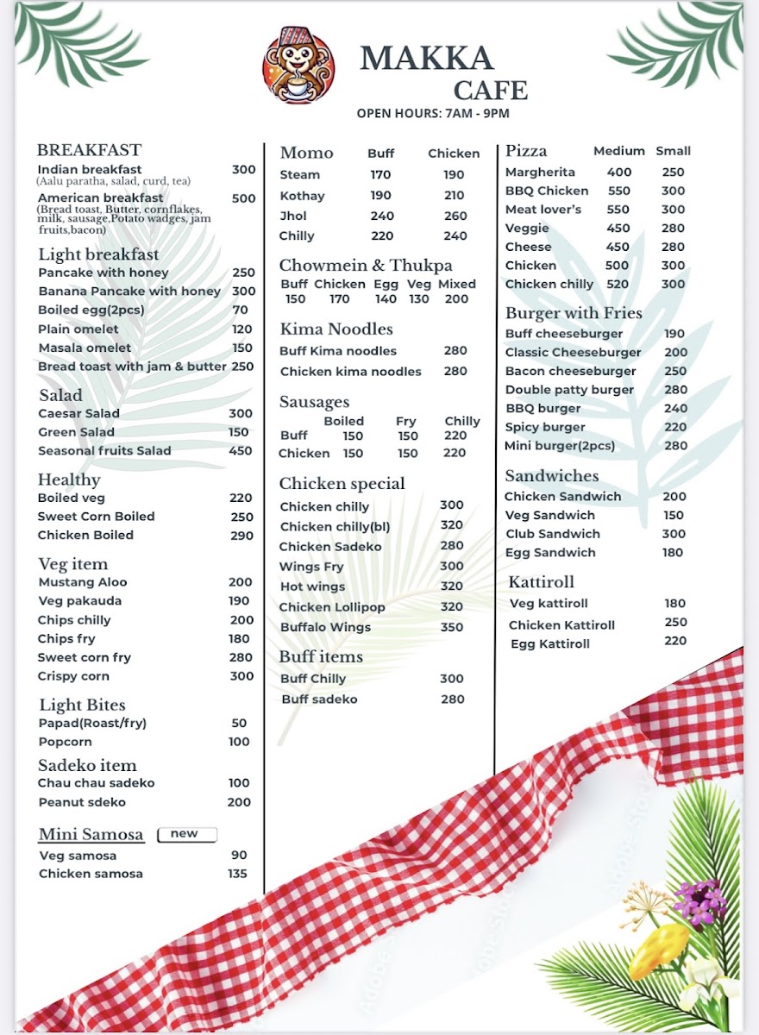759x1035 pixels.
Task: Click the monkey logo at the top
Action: click(x=298, y=66)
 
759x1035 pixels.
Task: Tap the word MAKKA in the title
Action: click(x=426, y=59)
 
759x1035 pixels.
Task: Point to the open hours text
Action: click(x=433, y=113)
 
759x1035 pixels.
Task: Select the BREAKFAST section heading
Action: click(x=89, y=150)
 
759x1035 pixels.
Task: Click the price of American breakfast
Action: click(x=243, y=198)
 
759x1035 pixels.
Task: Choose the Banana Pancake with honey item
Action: click(x=129, y=292)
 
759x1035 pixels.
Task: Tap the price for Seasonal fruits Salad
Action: click(x=241, y=450)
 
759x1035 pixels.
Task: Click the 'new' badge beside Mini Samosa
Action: click(x=185, y=834)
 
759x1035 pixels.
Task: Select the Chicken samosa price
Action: click(x=237, y=874)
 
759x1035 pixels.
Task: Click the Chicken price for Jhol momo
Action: click(x=455, y=216)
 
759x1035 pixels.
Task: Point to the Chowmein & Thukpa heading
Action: click(x=366, y=266)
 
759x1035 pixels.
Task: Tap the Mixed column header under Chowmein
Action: click(x=457, y=284)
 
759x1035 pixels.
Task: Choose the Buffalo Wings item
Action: click(x=325, y=627)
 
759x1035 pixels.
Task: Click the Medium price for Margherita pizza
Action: click(x=619, y=172)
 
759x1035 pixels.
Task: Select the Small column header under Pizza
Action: click(x=673, y=151)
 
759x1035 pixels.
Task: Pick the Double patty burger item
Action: click(x=569, y=390)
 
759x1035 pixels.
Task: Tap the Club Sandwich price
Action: click(x=674, y=534)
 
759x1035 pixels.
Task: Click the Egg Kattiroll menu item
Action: click(x=550, y=644)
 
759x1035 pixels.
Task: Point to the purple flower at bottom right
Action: click(x=699, y=902)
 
